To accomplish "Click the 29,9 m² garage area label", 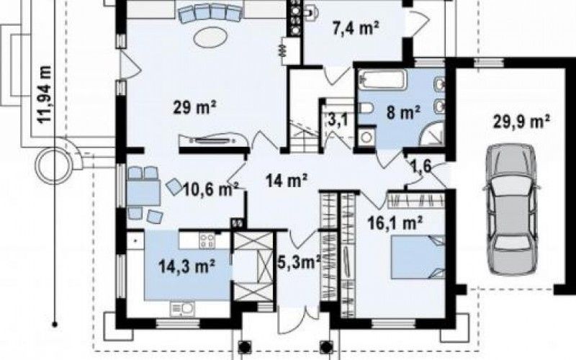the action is [521, 122].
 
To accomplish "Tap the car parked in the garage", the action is [511, 210].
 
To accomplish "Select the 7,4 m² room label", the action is [356, 28].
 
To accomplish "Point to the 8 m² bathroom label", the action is [403, 112].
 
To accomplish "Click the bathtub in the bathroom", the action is [383, 80].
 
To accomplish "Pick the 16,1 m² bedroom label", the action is [395, 222].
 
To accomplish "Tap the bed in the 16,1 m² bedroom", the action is [418, 257].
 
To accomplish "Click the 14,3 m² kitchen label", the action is [187, 266].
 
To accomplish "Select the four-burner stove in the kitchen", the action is [207, 240].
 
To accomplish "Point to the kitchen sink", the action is [182, 309].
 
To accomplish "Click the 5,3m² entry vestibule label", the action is [299, 262].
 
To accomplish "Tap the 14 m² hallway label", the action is [287, 181].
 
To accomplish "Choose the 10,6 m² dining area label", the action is [210, 190].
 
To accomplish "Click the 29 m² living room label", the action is [194, 108].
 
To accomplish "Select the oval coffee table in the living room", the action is [211, 37].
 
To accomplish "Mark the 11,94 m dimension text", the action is [45, 94].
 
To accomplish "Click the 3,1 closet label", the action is [336, 120].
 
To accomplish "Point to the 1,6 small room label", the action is [420, 166].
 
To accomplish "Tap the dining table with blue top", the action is [143, 192].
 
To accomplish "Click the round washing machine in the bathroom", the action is [366, 137].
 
